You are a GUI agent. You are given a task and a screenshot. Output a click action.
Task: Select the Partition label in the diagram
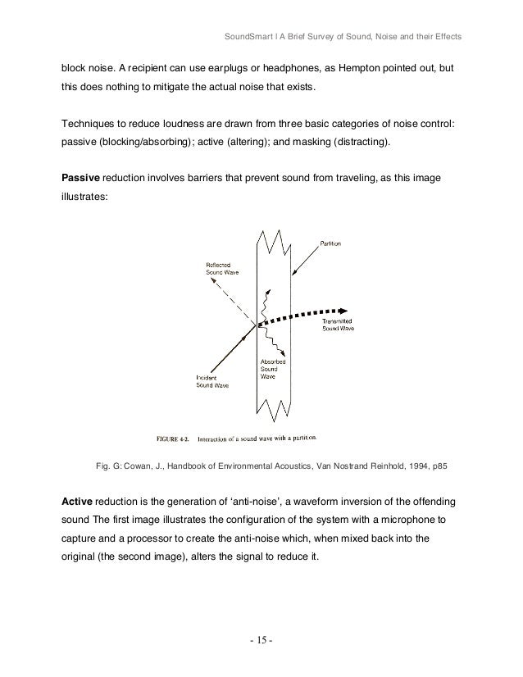331,243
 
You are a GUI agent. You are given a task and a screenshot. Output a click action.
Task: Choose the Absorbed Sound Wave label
272,368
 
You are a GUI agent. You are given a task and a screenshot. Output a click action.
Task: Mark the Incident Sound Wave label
211,381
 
